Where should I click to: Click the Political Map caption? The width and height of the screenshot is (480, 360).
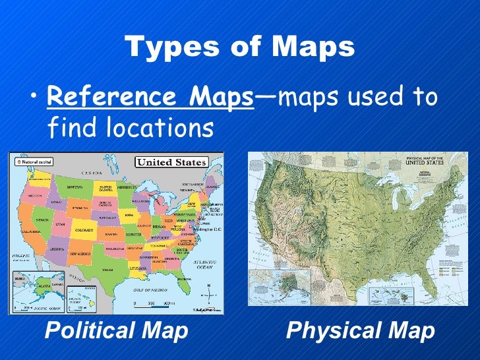pos(116,331)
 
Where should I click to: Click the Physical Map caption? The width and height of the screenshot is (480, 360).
pos(361,331)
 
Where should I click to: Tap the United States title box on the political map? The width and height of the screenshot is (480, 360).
pos(171,162)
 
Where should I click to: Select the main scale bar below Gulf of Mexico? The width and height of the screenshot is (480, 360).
pos(154,303)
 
